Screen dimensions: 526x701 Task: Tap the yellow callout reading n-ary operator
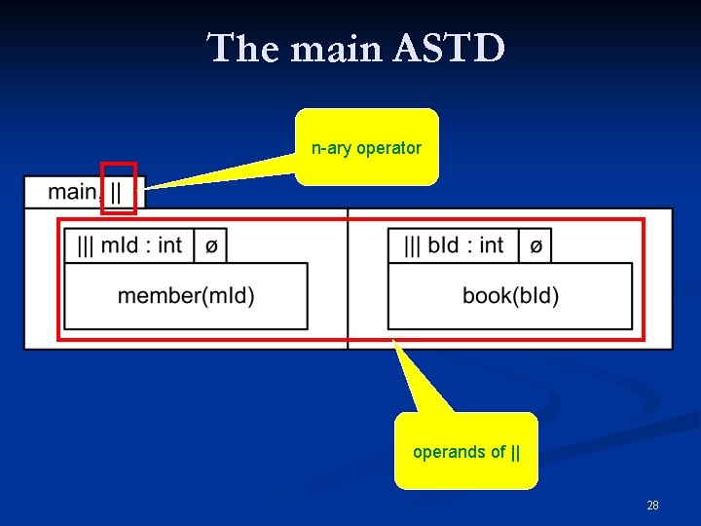pos(367,148)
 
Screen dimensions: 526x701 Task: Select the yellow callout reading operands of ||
pos(465,451)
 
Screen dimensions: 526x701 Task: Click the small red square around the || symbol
pos(118,188)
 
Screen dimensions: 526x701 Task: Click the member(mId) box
pos(186,295)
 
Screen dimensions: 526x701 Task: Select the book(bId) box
pos(510,295)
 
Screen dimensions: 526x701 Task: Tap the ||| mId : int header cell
pos(129,245)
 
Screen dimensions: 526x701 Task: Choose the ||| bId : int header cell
pos(453,245)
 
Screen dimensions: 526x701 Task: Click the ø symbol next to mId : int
pos(211,246)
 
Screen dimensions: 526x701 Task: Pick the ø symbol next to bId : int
pos(535,246)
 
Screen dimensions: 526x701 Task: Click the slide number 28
pos(652,506)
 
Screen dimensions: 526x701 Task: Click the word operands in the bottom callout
pos(446,452)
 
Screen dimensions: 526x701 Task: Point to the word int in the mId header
pos(169,245)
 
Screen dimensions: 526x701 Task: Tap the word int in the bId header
pos(492,245)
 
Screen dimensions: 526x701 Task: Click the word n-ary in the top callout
pos(332,148)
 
